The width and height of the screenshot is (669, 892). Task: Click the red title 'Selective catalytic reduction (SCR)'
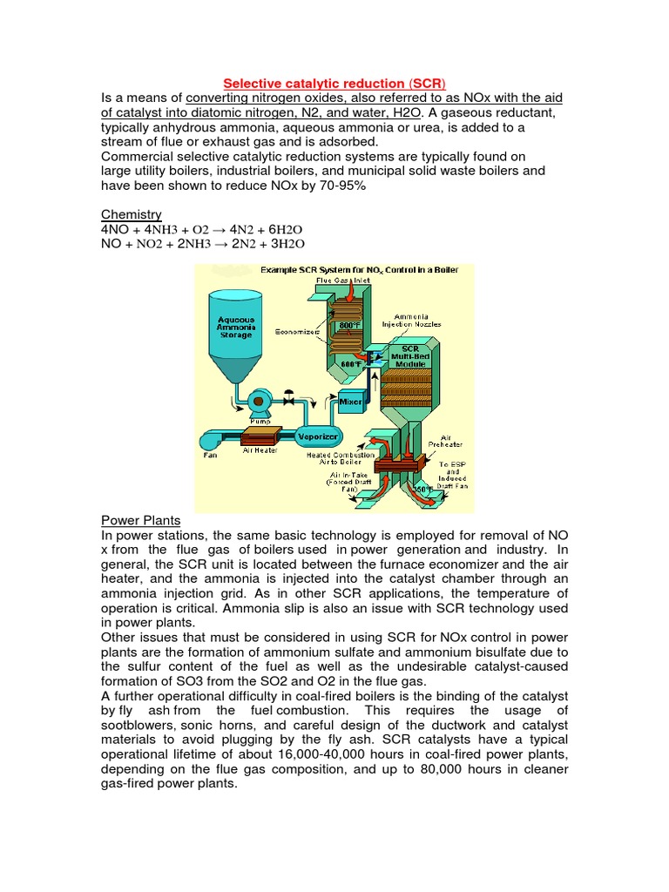coord(334,80)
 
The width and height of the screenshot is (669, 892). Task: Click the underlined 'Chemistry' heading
coord(132,214)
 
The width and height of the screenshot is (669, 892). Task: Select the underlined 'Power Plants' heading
coord(140,521)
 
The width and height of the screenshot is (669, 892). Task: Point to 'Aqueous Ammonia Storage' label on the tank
coord(235,327)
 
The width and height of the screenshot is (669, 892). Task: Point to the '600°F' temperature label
coord(364,364)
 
